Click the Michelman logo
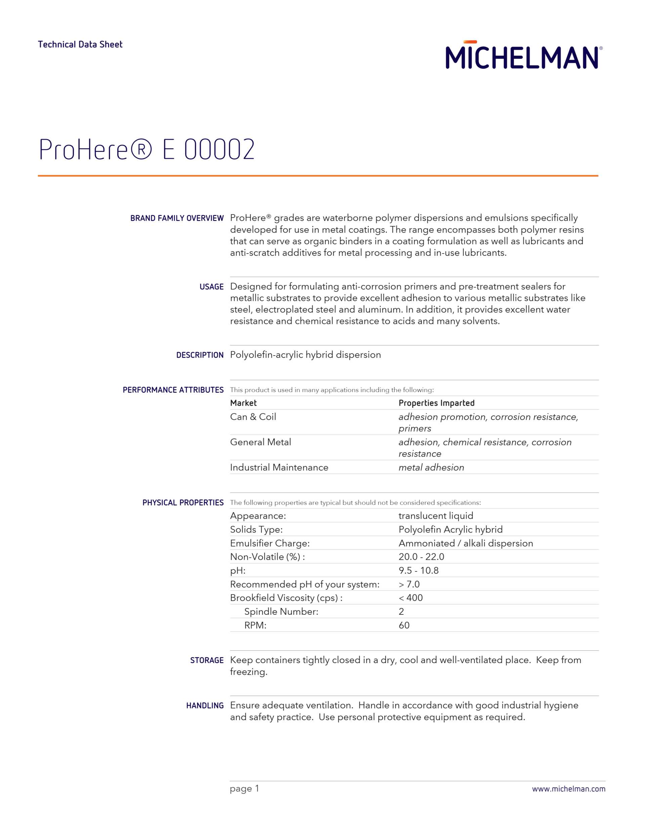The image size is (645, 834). (x=523, y=56)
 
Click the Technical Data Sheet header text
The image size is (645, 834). (x=80, y=45)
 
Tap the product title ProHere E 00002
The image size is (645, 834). (x=147, y=149)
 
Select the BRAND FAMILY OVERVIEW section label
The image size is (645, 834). (x=177, y=218)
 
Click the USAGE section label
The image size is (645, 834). (x=211, y=287)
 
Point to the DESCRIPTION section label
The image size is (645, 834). (x=200, y=355)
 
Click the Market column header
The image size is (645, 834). (x=244, y=403)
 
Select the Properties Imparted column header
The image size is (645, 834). (x=436, y=403)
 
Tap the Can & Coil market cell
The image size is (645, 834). (x=253, y=417)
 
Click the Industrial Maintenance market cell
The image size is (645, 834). (x=279, y=467)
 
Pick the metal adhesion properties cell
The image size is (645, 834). (x=431, y=467)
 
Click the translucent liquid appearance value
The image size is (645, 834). (x=436, y=516)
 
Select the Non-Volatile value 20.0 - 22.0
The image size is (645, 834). (x=421, y=557)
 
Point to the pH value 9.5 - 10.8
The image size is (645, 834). (x=418, y=570)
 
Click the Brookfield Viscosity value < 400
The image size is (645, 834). (x=411, y=598)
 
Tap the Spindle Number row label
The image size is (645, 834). (x=281, y=612)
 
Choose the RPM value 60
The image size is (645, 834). (x=404, y=625)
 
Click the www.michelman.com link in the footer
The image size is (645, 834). (x=569, y=789)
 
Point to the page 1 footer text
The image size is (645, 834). (x=244, y=789)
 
